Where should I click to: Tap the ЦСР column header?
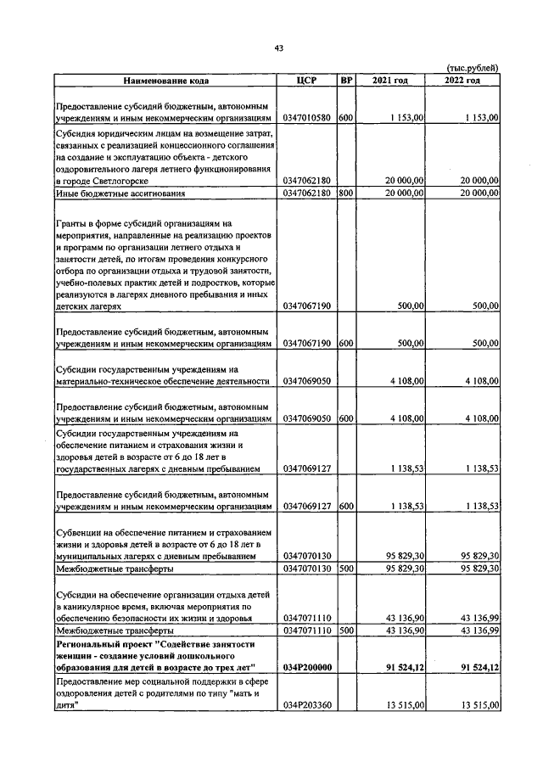point(307,81)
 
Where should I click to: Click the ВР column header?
point(345,81)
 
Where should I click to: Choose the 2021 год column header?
point(390,81)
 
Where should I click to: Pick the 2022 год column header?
point(462,81)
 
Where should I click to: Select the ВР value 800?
point(345,193)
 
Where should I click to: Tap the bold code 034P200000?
point(307,669)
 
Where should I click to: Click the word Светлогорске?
point(120,182)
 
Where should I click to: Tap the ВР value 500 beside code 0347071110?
point(345,631)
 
